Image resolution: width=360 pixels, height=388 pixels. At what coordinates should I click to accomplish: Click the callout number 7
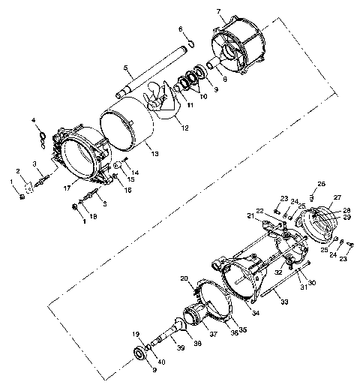point(218,11)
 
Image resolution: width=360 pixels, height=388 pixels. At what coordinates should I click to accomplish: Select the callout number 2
point(19,171)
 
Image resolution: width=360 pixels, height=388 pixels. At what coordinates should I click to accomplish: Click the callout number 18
point(93,215)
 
